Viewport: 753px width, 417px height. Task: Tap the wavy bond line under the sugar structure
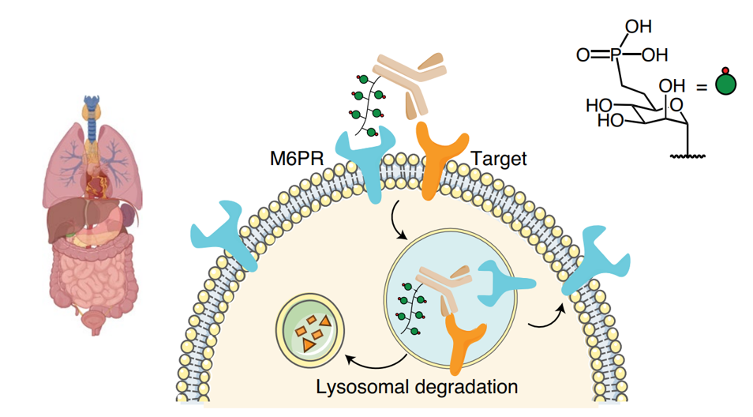coord(688,156)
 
